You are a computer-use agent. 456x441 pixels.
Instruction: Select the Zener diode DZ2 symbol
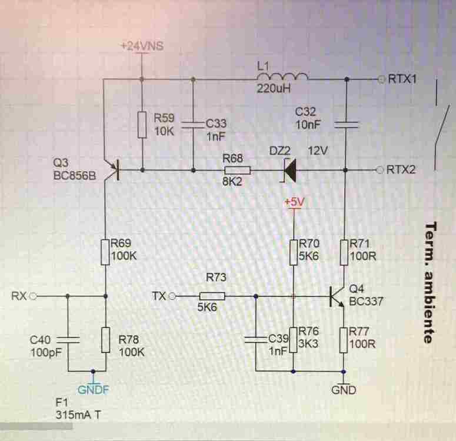pyautogui.click(x=289, y=171)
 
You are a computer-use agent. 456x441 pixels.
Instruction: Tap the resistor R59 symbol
pyautogui.click(x=142, y=124)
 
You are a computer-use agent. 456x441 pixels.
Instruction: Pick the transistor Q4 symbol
pyautogui.click(x=338, y=296)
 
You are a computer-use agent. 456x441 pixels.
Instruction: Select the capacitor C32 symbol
pyautogui.click(x=346, y=124)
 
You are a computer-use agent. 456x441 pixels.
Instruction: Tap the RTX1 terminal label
pyautogui.click(x=403, y=79)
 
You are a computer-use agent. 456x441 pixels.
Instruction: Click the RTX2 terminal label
pyautogui.click(x=403, y=171)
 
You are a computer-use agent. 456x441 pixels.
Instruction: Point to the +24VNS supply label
pyautogui.click(x=141, y=46)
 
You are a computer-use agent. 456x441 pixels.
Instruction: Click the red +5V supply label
pyautogui.click(x=294, y=201)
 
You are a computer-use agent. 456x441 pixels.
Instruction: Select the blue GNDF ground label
pyautogui.click(x=93, y=389)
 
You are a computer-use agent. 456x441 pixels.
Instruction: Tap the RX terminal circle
pyautogui.click(x=34, y=296)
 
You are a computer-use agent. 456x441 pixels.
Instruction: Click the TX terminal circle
pyautogui.click(x=172, y=296)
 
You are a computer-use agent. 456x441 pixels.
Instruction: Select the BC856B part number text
pyautogui.click(x=74, y=175)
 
